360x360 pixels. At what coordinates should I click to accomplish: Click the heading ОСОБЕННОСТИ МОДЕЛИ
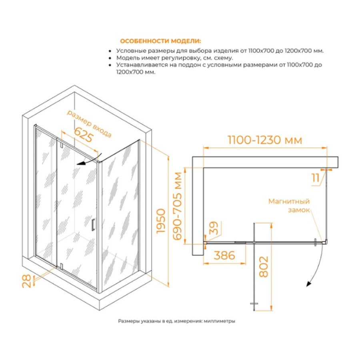(160, 41)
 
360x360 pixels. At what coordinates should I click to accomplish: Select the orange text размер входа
(89, 123)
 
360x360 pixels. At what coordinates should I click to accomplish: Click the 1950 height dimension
(161, 221)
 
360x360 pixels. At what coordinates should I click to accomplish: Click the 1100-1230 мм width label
(265, 140)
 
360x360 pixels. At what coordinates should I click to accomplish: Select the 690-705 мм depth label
(177, 206)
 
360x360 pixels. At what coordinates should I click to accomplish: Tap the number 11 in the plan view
(316, 178)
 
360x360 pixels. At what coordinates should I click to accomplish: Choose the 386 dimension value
(224, 255)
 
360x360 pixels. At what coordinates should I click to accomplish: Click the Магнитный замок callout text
(289, 206)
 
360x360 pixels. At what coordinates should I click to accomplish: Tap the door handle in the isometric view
(93, 224)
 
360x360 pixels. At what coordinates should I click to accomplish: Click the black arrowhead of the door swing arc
(308, 284)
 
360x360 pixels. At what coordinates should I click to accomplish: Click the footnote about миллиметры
(176, 321)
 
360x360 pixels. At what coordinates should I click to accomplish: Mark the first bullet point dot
(110, 51)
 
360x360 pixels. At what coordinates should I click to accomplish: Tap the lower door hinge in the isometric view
(61, 266)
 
